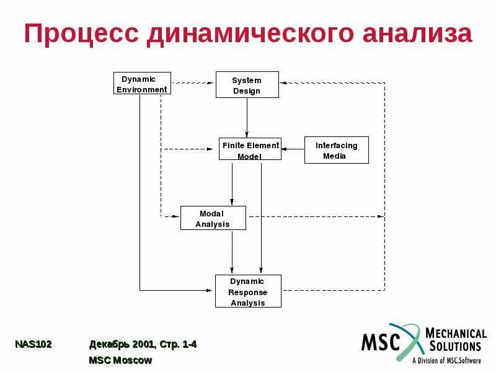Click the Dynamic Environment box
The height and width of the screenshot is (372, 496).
pyautogui.click(x=143, y=84)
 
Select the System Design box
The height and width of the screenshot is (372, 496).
pyautogui.click(x=247, y=85)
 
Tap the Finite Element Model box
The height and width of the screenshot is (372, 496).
pyautogui.click(x=250, y=149)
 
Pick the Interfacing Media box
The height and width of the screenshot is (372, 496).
pyautogui.click(x=336, y=150)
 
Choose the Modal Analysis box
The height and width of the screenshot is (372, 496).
pyautogui.click(x=213, y=218)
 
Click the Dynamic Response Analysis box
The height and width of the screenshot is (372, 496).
pyautogui.click(x=248, y=291)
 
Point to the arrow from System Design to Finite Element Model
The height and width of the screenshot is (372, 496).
pyautogui.click(x=247, y=118)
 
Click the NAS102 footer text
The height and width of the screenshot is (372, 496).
pyautogui.click(x=33, y=344)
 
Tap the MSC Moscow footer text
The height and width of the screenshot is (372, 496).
pyautogui.click(x=120, y=360)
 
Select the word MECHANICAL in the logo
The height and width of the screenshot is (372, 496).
pyautogui.click(x=456, y=333)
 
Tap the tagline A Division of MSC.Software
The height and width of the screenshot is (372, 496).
pyautogui.click(x=446, y=359)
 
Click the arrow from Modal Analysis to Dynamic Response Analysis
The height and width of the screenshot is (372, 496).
pyautogui.click(x=232, y=252)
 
